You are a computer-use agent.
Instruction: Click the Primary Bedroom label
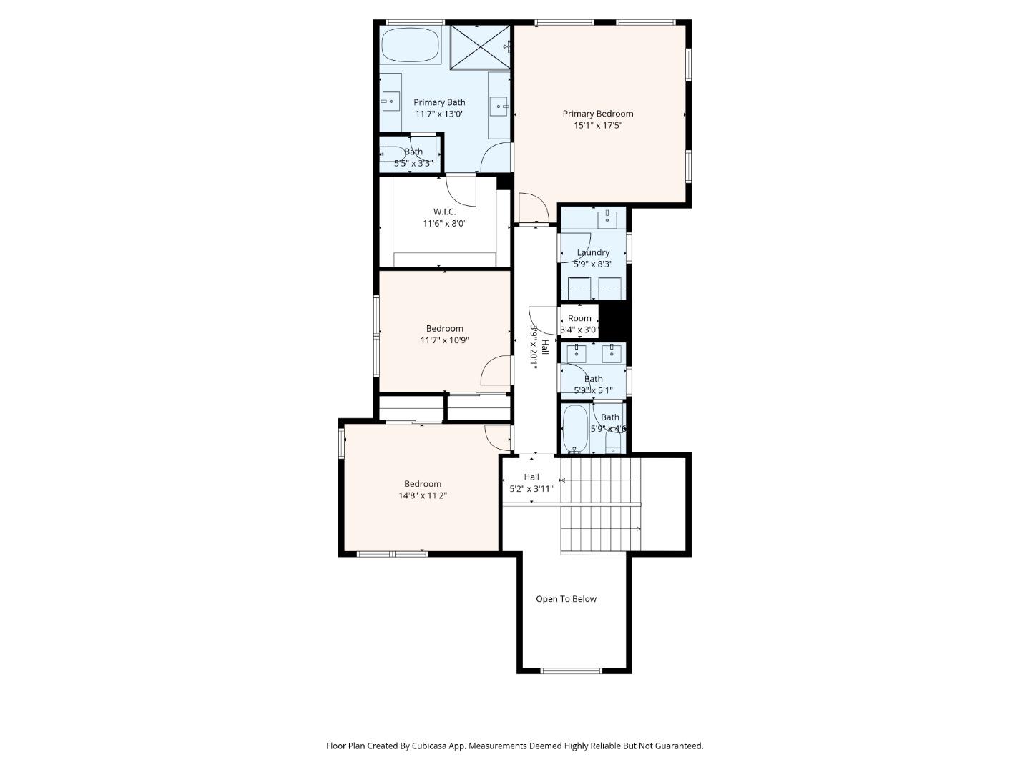tap(597, 114)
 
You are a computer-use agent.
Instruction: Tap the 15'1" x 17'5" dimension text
tap(597, 125)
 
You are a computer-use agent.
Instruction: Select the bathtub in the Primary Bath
tap(410, 45)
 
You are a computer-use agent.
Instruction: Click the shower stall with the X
tap(480, 47)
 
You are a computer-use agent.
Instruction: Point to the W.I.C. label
tap(444, 212)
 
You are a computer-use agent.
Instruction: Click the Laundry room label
tap(593, 252)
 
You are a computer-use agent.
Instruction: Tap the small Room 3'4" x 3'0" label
tap(579, 324)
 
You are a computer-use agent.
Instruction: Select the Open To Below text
tap(566, 599)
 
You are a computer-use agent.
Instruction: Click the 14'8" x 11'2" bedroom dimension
tap(422, 495)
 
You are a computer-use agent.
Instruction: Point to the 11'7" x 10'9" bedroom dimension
tap(444, 340)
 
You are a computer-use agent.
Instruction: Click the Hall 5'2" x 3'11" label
tap(531, 482)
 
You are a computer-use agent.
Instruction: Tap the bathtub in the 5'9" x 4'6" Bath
tap(575, 429)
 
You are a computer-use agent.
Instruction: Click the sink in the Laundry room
tap(607, 219)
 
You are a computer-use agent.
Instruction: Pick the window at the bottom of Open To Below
tap(571, 670)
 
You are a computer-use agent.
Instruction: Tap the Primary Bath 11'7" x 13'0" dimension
tap(440, 114)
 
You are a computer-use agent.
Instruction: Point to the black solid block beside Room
tap(613, 321)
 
